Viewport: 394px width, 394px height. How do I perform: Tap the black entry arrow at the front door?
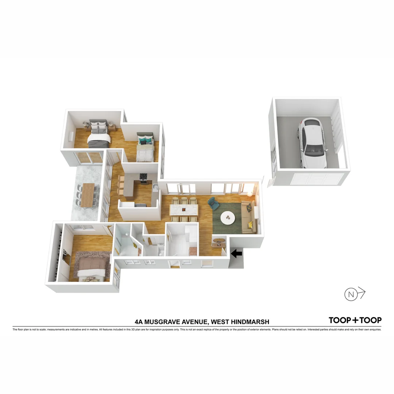237,253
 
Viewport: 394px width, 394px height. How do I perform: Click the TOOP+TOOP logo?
355,320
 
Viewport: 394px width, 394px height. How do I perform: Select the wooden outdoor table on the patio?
88,195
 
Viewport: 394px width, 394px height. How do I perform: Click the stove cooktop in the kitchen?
144,177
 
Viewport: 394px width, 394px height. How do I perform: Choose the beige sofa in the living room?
250,217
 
